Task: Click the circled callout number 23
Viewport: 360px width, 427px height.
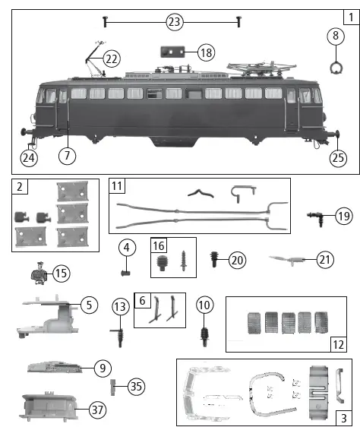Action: (175, 22)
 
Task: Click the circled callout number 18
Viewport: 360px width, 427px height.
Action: (206, 52)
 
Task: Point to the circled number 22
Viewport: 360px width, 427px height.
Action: (112, 59)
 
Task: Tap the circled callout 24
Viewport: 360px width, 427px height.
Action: (29, 158)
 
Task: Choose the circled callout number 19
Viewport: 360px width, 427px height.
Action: (344, 217)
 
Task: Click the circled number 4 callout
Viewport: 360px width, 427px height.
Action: (127, 248)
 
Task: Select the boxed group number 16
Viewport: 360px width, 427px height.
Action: (159, 245)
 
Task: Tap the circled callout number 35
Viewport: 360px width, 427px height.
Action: (136, 386)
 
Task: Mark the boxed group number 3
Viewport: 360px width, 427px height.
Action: (344, 417)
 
